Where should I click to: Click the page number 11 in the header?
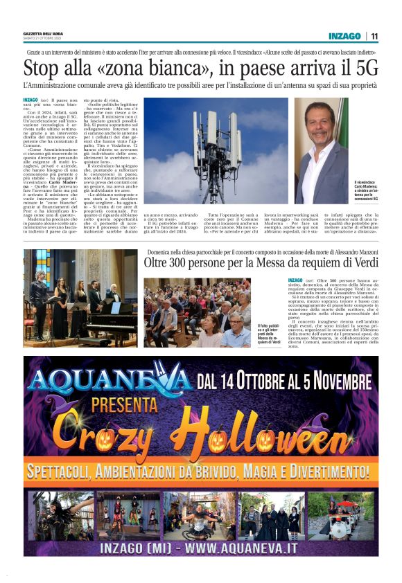tap(374, 36)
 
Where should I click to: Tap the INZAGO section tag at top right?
tap(345, 36)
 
